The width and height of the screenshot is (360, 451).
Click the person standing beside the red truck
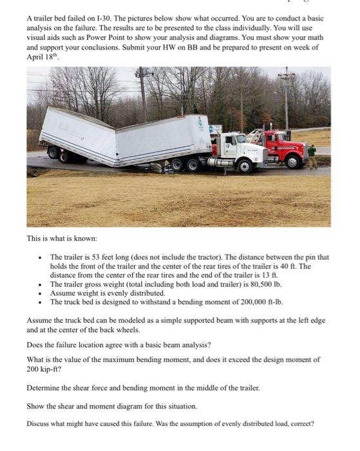pos(312,157)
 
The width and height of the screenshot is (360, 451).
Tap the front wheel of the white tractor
pos(245,167)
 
